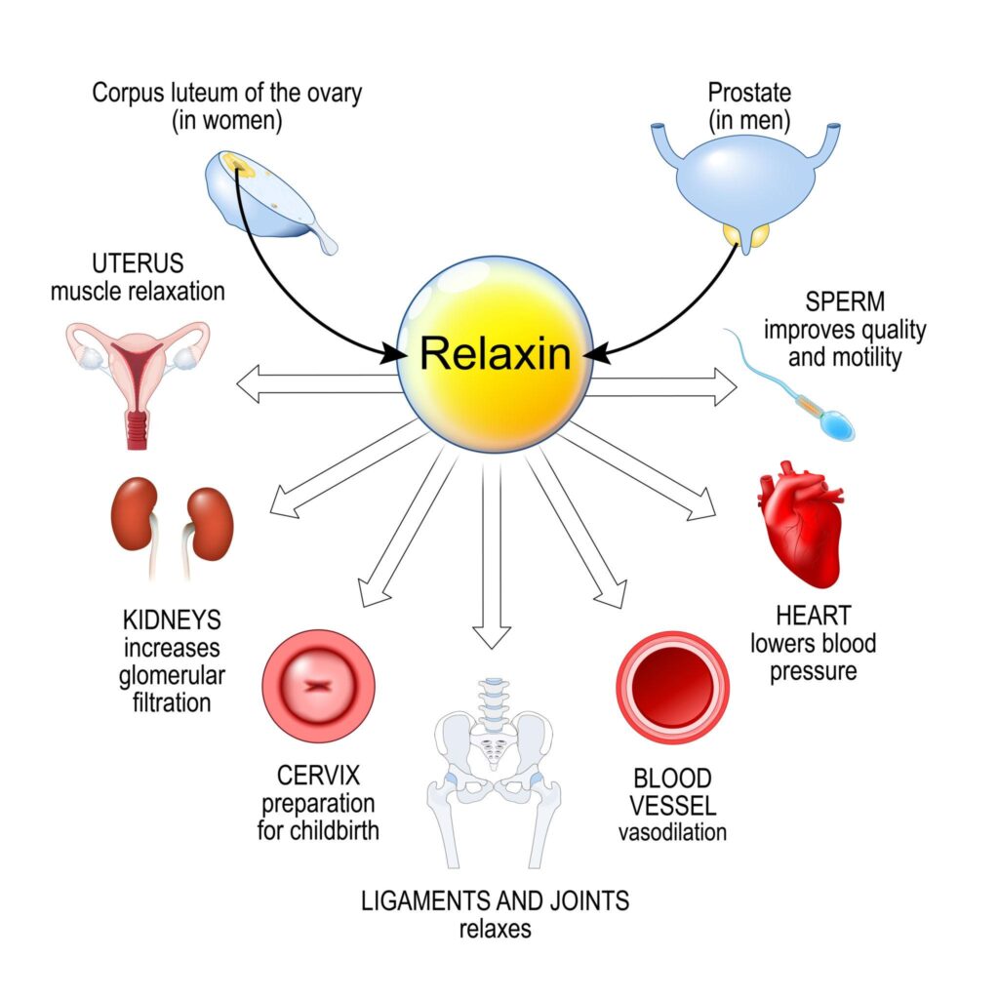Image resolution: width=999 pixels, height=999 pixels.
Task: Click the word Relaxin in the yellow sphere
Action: [495, 353]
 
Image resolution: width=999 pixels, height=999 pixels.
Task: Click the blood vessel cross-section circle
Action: [673, 688]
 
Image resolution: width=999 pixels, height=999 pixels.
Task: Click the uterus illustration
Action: [137, 376]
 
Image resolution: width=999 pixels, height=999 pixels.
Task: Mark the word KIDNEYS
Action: [173, 620]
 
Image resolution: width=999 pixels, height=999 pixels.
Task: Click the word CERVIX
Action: [319, 778]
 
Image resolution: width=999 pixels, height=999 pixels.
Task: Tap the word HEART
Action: [813, 616]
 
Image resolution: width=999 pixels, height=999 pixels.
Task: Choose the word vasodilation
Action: [672, 832]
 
